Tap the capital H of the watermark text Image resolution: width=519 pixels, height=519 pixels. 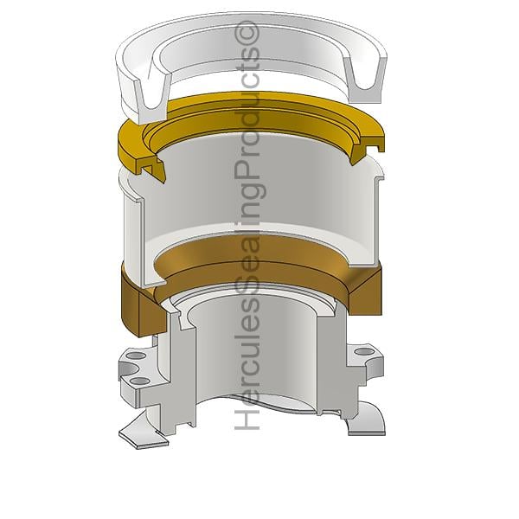(247, 420)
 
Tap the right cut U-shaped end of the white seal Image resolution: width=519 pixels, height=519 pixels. (365, 79)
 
